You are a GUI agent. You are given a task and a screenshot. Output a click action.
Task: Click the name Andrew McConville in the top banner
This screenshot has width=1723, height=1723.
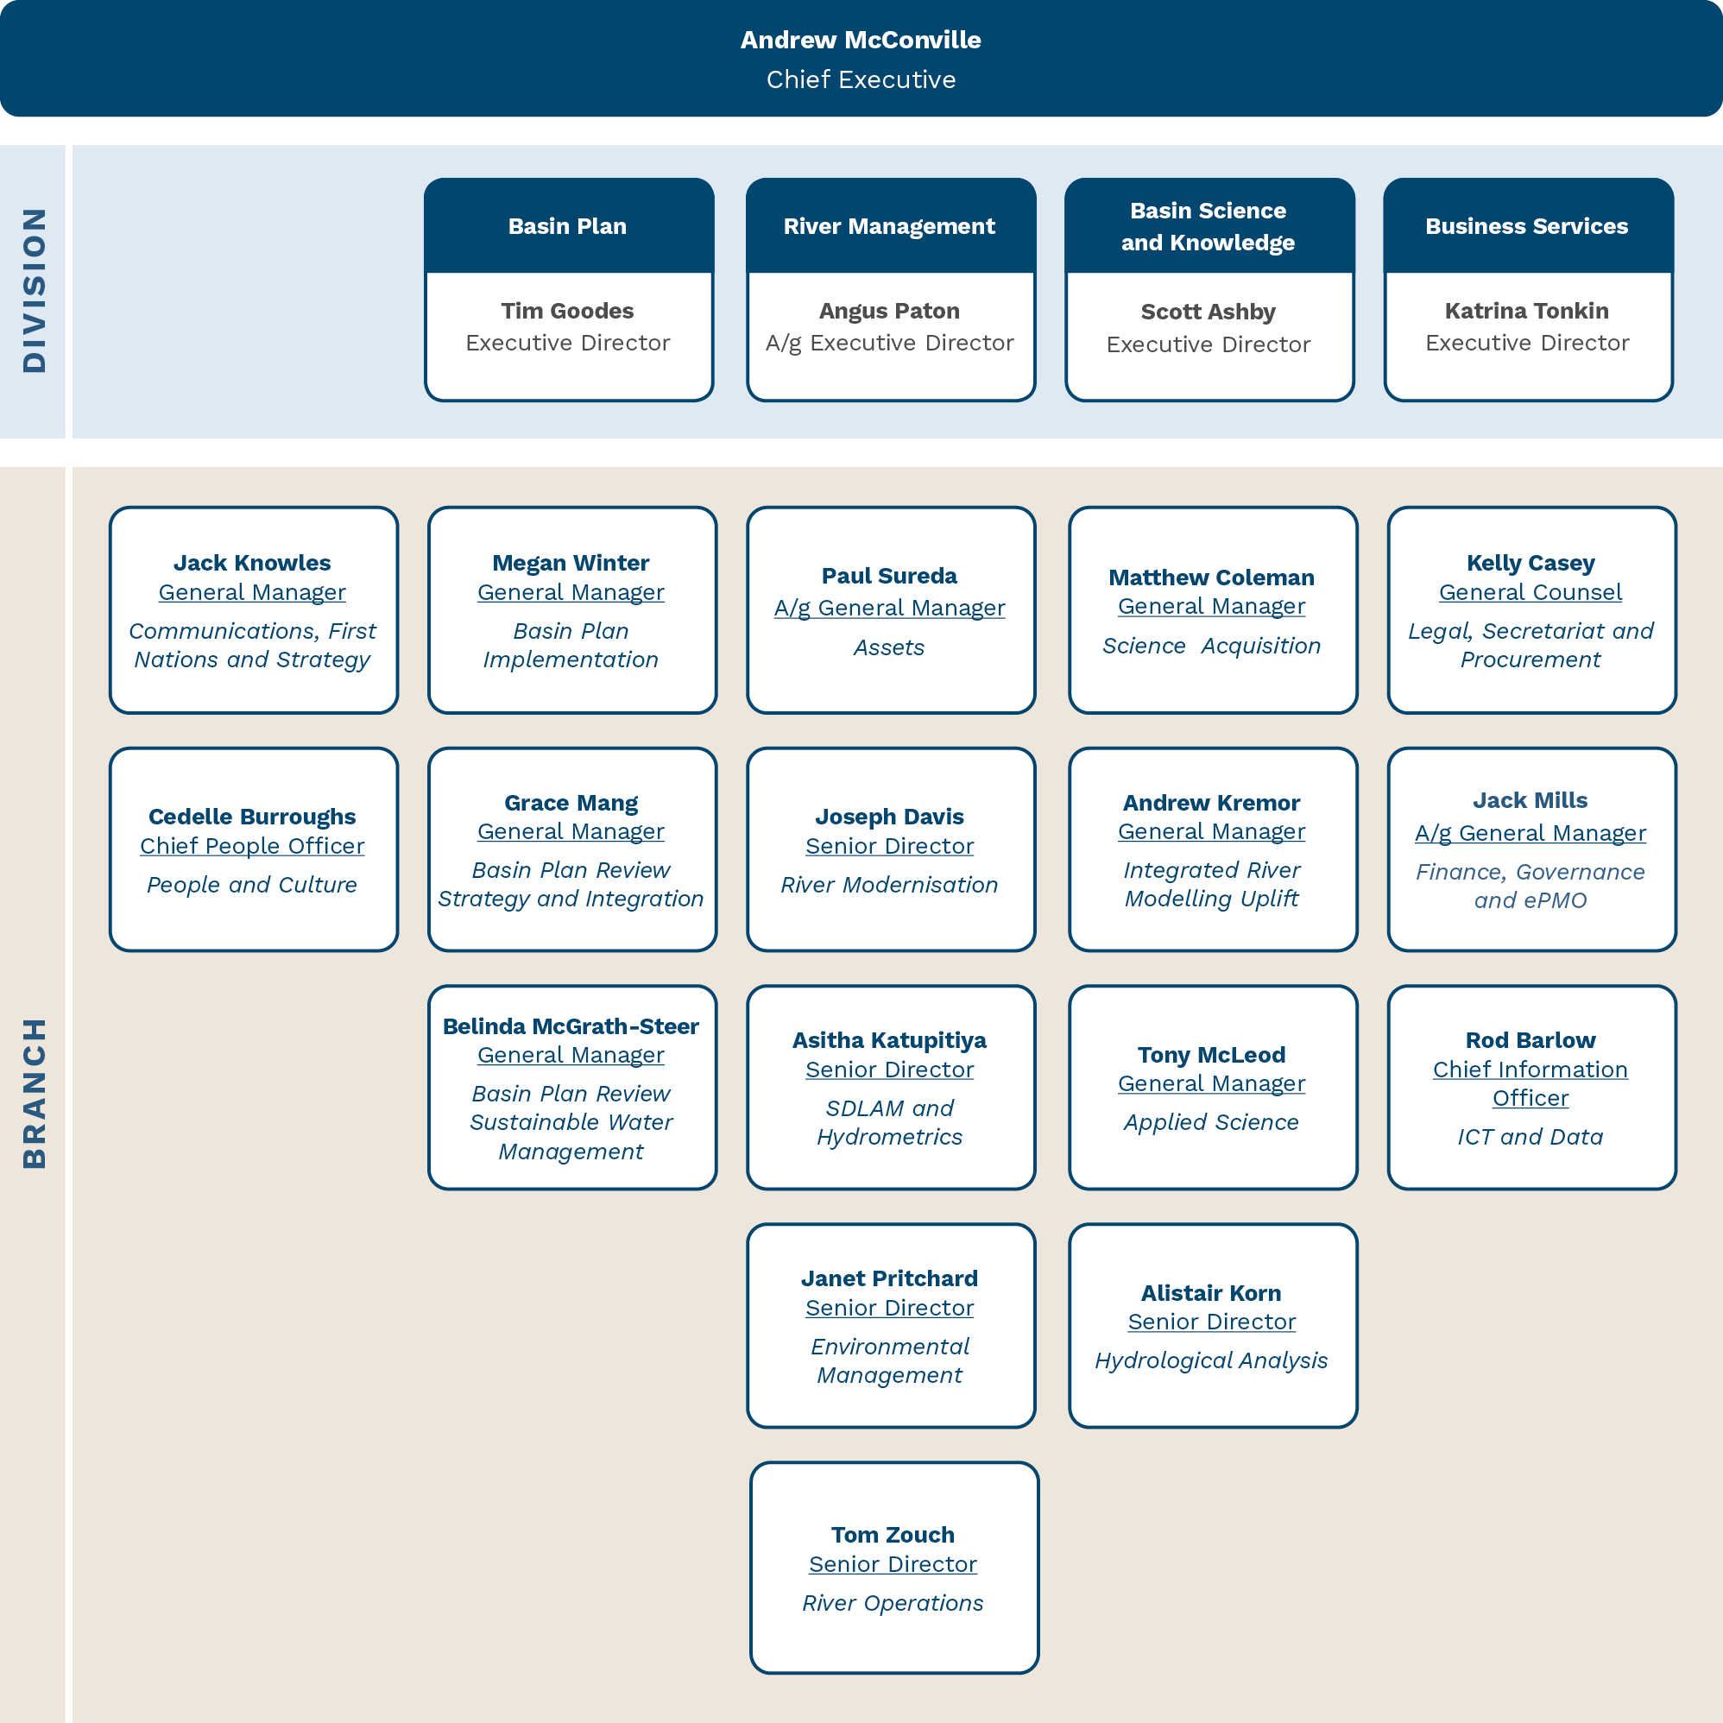pos(861,40)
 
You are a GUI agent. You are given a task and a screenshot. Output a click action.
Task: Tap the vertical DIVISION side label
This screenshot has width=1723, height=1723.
pos(34,290)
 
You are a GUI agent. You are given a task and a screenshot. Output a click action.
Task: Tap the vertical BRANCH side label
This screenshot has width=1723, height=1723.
pos(34,1094)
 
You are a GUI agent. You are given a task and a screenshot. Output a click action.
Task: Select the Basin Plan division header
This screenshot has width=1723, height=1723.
pos(567,226)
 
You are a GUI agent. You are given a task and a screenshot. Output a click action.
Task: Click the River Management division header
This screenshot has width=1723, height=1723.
pos(889,226)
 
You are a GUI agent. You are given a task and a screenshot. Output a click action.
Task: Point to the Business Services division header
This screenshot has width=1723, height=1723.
pos(1527,226)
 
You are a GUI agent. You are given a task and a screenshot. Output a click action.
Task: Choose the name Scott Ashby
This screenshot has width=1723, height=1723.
pos(1209,312)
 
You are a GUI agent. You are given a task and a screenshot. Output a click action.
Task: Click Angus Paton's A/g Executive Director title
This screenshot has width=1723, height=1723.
pos(889,344)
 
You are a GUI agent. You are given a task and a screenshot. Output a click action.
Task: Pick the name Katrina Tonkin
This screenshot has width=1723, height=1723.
pos(1527,312)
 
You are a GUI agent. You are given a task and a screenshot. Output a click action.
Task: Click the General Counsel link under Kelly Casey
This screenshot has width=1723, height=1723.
pos(1531,593)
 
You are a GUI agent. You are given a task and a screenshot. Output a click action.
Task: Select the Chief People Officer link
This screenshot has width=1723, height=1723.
pos(252,846)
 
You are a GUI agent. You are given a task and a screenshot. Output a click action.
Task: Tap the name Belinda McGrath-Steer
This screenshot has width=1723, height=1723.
pos(571,1026)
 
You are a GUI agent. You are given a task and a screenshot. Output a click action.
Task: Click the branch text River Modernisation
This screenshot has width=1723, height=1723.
pos(889,885)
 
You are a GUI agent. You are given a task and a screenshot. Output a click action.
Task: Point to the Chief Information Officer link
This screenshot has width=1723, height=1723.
pos(1531,1083)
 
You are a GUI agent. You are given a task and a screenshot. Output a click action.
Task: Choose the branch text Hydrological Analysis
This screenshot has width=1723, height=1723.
pos(1211,1361)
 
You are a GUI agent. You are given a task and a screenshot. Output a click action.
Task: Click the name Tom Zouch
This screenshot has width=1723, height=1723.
pos(893,1535)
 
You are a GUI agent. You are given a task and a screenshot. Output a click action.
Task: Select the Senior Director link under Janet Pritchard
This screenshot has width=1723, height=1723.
pos(889,1309)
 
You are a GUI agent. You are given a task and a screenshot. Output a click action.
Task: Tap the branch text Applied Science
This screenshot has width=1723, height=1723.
pos(1211,1123)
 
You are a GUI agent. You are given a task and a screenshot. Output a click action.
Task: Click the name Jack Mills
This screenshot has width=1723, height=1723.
pos(1531,801)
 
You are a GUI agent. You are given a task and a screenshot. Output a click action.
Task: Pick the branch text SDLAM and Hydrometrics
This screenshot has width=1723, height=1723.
pos(889,1123)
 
